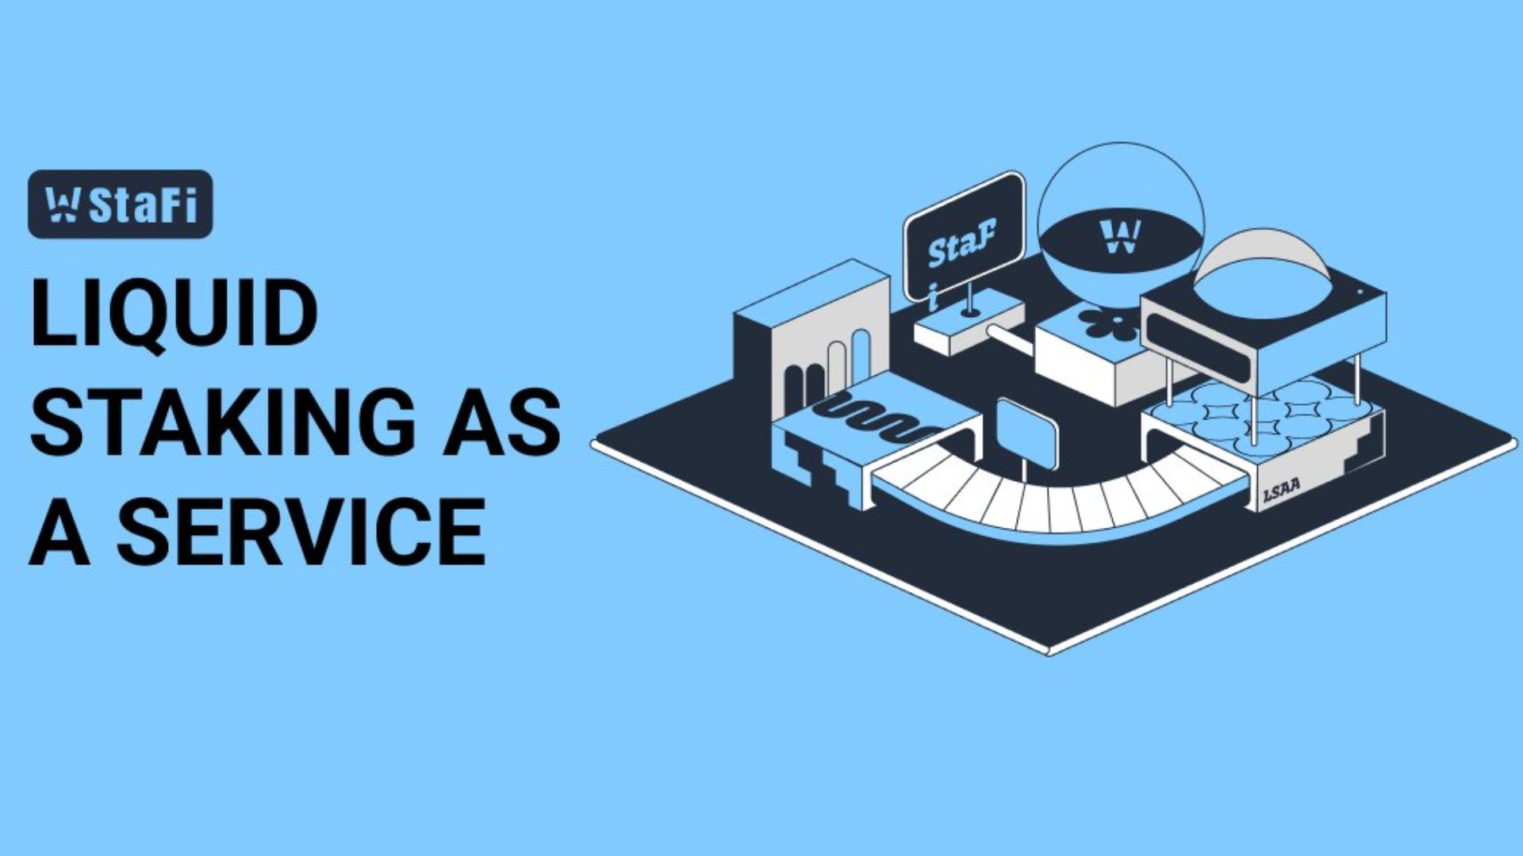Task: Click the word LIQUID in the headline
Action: (x=174, y=313)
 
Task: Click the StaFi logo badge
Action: (x=121, y=204)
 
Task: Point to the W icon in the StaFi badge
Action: (x=62, y=204)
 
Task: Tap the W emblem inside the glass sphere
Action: (x=1120, y=235)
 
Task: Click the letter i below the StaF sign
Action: (x=934, y=296)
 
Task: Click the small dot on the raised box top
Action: (x=1360, y=292)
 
